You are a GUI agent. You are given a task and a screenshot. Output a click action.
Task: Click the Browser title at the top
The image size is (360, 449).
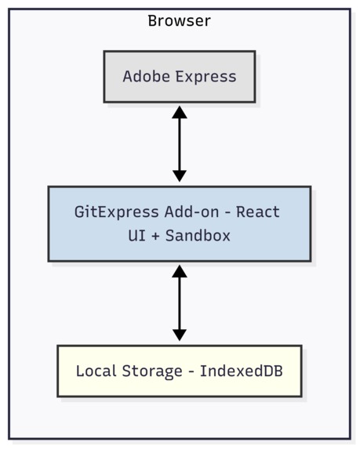pyautogui.click(x=179, y=21)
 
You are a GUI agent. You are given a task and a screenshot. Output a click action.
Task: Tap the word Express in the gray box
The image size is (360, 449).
pyautogui.click(x=205, y=77)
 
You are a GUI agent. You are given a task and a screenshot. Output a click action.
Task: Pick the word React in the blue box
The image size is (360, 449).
pyautogui.click(x=258, y=212)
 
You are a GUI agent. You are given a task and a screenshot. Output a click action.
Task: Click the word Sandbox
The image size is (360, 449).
pyautogui.click(x=202, y=235)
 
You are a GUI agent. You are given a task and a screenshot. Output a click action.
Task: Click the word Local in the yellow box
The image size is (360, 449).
pyautogui.click(x=94, y=371)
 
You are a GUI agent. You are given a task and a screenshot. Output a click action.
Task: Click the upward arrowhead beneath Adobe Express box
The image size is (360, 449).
pyautogui.click(x=180, y=112)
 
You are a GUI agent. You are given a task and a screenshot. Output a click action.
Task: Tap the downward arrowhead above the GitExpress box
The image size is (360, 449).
pyautogui.click(x=180, y=176)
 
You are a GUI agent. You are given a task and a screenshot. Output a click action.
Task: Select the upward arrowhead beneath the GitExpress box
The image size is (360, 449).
pyautogui.click(x=180, y=271)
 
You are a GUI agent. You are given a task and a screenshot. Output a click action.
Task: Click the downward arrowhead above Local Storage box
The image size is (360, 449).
pyautogui.click(x=180, y=335)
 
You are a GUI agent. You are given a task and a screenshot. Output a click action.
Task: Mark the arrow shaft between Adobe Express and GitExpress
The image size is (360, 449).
pyautogui.click(x=180, y=144)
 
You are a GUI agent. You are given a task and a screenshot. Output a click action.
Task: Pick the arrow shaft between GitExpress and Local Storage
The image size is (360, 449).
pyautogui.click(x=180, y=303)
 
